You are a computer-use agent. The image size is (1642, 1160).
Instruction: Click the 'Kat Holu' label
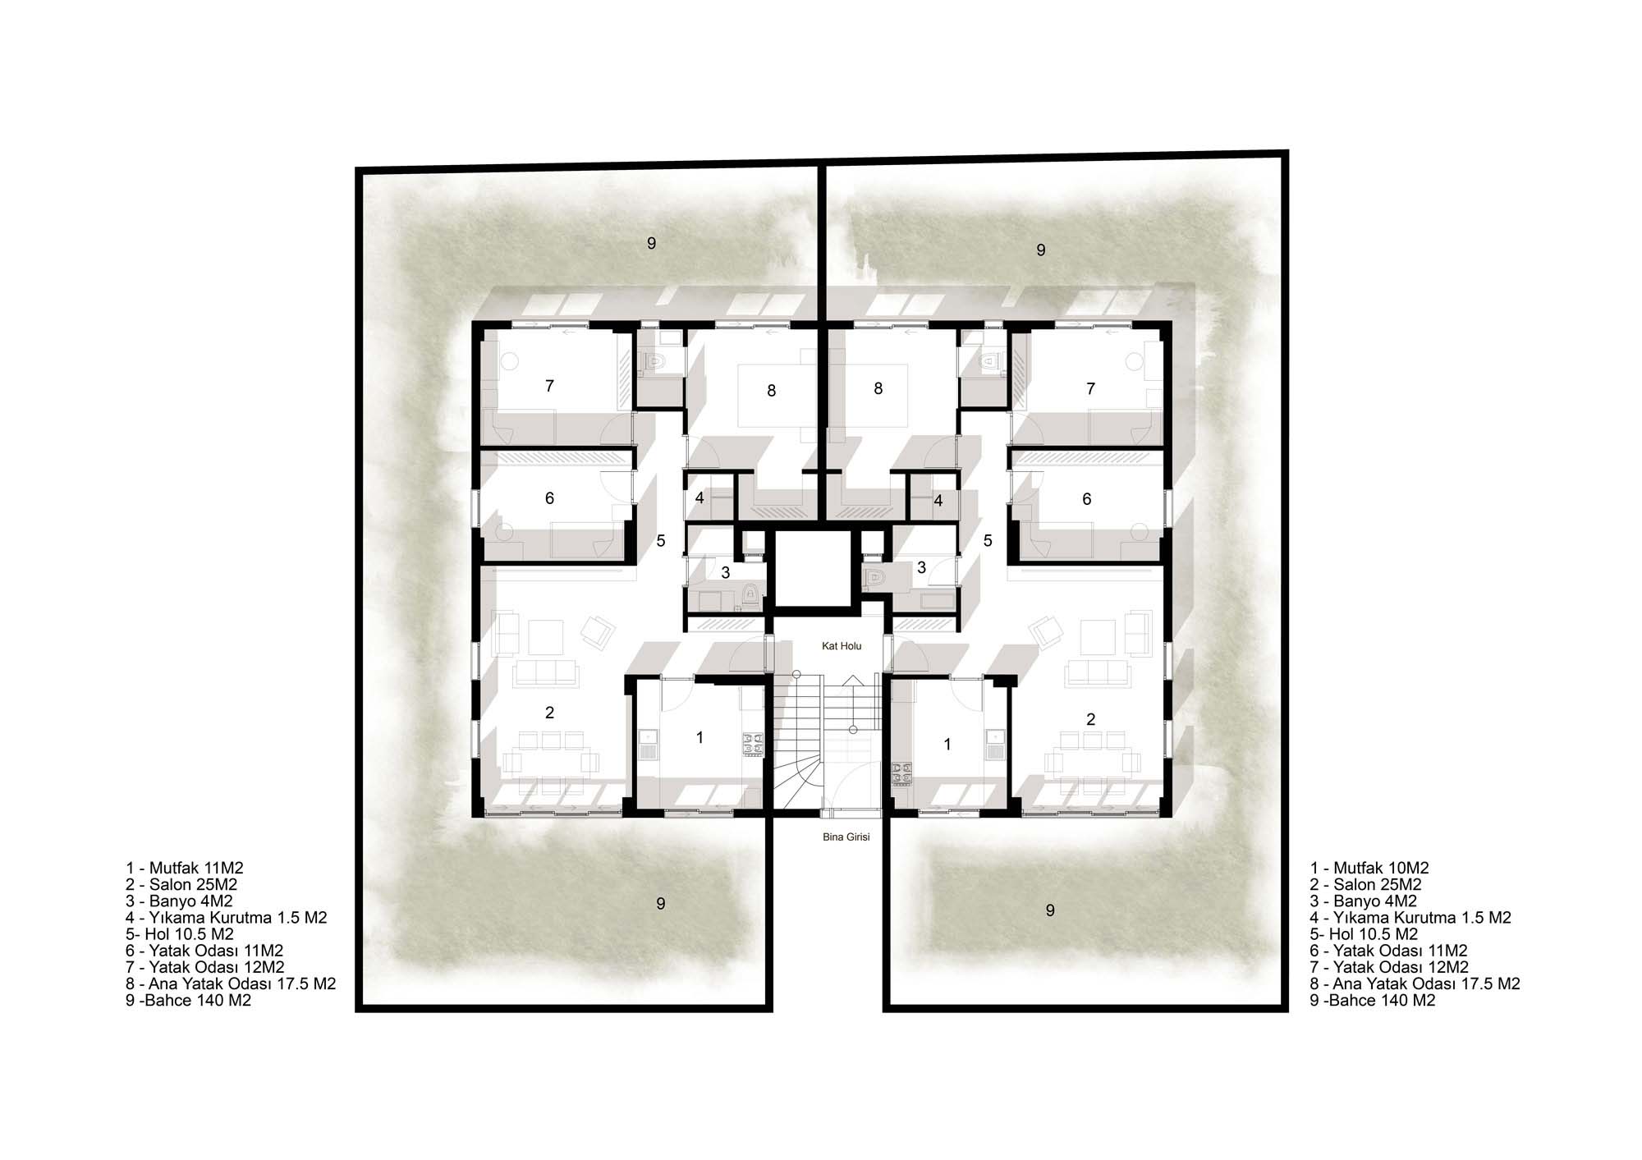(x=842, y=646)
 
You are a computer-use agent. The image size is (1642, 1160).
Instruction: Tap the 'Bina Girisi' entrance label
(x=846, y=837)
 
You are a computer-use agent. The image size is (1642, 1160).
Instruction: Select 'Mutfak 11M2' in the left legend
(x=196, y=868)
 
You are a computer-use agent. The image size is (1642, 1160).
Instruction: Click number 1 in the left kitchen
(x=699, y=738)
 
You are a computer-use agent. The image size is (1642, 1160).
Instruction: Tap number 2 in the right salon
(x=1090, y=720)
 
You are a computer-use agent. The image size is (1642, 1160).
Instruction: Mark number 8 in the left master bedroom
(x=771, y=391)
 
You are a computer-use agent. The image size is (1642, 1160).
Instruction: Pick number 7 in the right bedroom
(x=1090, y=388)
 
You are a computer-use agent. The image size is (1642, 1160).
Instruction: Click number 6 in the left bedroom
(x=549, y=498)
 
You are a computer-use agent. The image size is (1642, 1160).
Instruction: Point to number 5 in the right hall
(x=988, y=541)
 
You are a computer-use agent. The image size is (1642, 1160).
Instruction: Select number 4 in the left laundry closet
(x=699, y=498)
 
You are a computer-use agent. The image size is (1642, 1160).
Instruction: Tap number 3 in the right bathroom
(x=921, y=567)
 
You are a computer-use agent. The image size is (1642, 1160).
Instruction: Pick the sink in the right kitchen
(x=994, y=744)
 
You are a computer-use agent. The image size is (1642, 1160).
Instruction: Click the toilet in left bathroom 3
(x=748, y=594)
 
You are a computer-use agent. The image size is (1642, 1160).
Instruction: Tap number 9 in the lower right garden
(x=1050, y=910)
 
